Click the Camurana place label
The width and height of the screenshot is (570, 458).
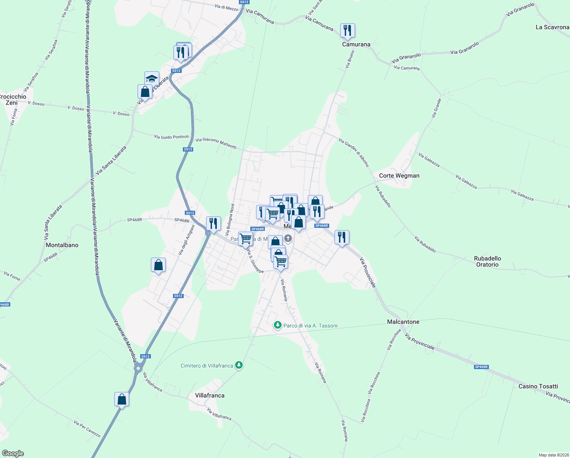tap(356, 44)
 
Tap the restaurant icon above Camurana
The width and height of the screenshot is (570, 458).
tap(347, 30)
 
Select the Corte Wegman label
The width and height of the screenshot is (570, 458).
tap(399, 176)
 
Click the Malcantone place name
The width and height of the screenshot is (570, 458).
tap(403, 322)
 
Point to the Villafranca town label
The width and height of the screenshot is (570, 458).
tap(210, 395)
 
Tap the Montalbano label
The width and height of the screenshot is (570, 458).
tap(62, 245)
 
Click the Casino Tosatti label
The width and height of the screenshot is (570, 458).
tap(538, 386)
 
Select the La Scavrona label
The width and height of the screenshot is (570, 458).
tap(552, 27)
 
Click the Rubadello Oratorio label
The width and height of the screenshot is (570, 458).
tap(487, 261)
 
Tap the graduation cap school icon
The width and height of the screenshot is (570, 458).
tap(152, 79)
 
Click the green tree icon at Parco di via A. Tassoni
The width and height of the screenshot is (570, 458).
tap(278, 325)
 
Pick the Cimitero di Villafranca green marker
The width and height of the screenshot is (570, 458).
tap(239, 365)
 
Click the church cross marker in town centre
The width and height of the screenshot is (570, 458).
tap(288, 239)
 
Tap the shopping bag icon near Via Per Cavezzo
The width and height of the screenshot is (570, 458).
tap(122, 399)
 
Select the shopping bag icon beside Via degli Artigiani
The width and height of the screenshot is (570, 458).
tap(158, 265)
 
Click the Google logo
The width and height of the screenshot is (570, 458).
tap(13, 453)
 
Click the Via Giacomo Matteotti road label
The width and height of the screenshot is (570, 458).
tap(216, 143)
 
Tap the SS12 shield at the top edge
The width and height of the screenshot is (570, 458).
tap(244, 2)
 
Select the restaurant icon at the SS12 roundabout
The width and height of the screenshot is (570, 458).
tap(213, 223)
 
